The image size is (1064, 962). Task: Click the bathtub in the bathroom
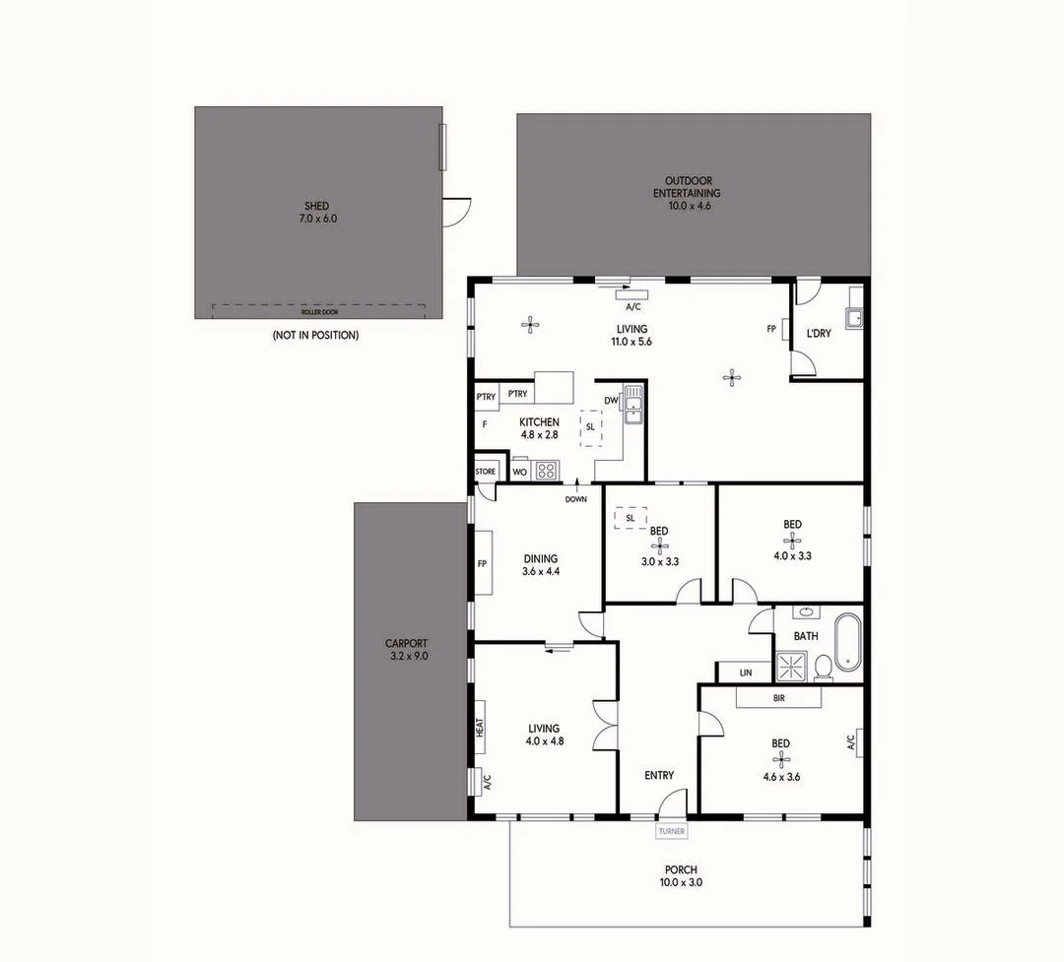846,640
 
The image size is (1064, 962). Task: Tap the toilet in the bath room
822,668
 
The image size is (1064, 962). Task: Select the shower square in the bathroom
791,667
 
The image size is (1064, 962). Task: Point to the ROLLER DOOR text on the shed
318,312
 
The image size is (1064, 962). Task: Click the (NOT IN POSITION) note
315,336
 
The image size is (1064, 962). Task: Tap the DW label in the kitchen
611,400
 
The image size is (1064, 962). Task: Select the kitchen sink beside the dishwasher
632,404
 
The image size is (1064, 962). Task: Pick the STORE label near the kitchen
485,472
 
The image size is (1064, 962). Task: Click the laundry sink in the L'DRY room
855,318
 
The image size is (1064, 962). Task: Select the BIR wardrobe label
779,697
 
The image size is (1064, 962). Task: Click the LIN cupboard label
746,673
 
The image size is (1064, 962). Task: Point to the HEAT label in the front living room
480,728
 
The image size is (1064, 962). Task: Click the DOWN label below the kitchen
576,499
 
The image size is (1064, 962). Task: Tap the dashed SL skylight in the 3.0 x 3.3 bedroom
630,518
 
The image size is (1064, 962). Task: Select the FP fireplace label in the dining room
483,564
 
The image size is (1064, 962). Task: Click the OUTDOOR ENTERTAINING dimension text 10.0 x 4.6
689,206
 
